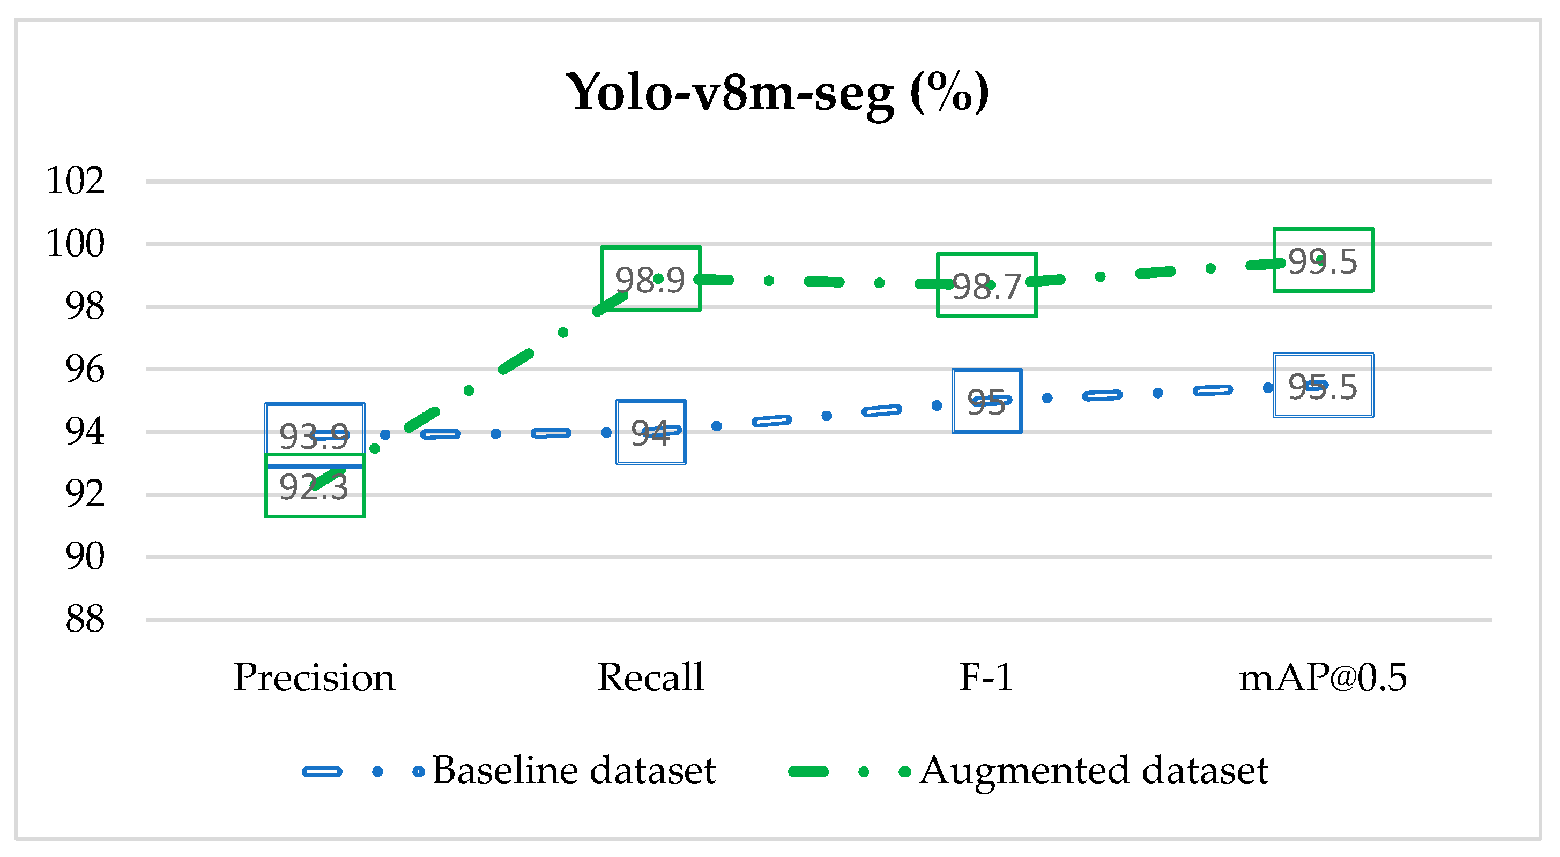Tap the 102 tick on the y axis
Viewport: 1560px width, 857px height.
point(75,181)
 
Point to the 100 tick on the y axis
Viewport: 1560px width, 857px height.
point(75,243)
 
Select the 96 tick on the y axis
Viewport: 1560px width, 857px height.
point(85,369)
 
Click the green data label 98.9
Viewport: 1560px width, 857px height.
point(650,279)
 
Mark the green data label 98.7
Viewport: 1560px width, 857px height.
point(986,285)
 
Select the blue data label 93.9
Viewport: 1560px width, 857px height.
point(314,436)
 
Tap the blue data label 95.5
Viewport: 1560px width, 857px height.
point(1323,386)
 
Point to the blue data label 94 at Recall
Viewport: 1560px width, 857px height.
point(650,432)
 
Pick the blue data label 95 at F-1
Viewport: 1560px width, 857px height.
point(986,401)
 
